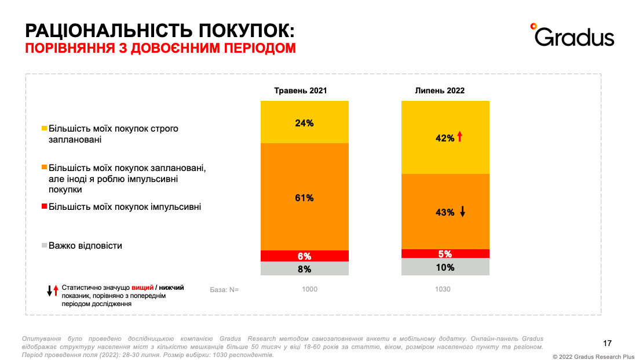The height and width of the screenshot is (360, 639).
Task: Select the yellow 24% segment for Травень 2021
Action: pos(304,122)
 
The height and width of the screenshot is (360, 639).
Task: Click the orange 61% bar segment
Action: pos(304,197)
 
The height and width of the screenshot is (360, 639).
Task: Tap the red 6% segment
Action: pos(304,256)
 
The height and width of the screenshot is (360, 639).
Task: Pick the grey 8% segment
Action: pos(304,268)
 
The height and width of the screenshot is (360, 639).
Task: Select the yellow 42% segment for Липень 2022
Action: pos(446,137)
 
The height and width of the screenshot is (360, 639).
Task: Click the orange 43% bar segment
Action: pos(446,212)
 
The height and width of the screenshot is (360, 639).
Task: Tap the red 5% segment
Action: pos(446,253)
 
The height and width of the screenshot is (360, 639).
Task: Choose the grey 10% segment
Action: pos(446,267)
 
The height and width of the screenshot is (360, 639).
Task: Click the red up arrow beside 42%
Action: pos(459,137)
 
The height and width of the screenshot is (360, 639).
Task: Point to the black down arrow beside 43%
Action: pos(462,212)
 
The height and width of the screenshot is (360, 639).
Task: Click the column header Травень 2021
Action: pos(301,90)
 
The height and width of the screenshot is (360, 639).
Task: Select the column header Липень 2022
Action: pos(440,90)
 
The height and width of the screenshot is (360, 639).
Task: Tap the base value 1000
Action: pos(310,289)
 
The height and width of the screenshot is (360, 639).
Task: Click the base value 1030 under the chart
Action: pos(443,289)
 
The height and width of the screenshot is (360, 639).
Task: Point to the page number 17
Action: pos(608,342)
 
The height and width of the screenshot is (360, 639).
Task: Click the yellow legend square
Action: pos(44,128)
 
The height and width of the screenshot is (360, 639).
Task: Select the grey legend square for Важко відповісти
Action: pos(44,246)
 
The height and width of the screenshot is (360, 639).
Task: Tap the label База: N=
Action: pos(224,289)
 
